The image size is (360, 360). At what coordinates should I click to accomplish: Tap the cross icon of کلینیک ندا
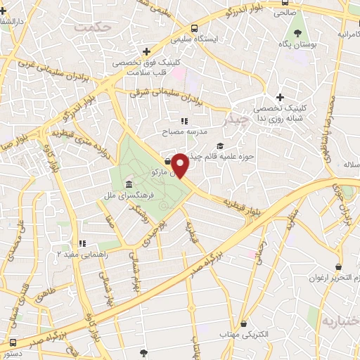coord(280,97)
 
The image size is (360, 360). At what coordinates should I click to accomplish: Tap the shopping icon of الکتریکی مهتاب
coord(243,323)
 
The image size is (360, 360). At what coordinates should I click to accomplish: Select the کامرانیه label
coord(349,34)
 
